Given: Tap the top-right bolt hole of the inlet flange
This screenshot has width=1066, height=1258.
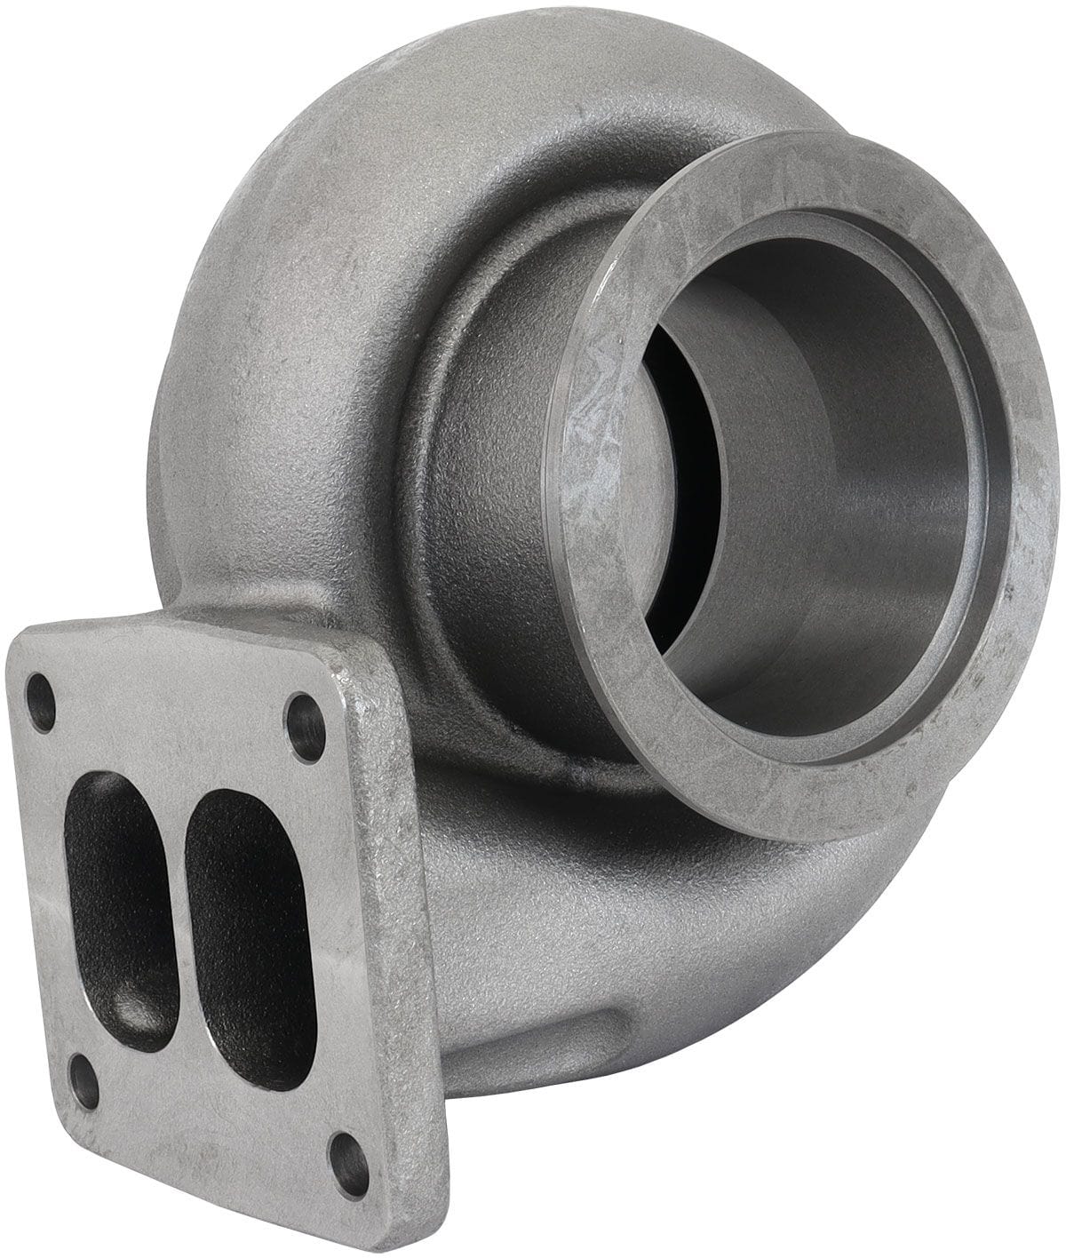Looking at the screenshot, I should tap(305, 716).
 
